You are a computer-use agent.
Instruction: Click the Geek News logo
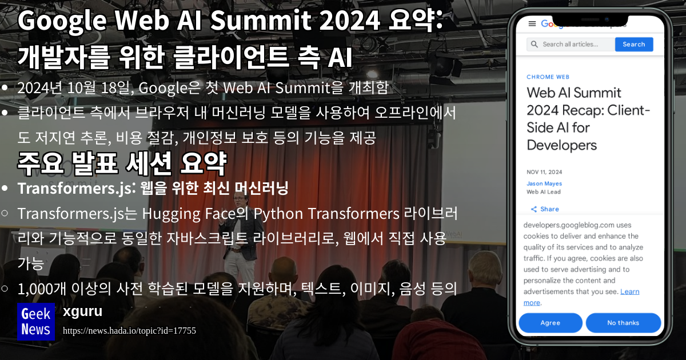point(35,322)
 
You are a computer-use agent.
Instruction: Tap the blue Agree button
point(550,323)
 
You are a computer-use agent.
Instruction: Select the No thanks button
point(623,323)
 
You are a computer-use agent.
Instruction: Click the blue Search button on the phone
point(633,45)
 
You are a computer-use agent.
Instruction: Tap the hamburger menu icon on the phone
point(532,23)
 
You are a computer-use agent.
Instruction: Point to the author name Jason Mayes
point(544,183)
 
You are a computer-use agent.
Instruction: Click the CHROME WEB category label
point(548,77)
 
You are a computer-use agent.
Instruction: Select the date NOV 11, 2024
point(544,171)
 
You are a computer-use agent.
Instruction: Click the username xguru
point(83,311)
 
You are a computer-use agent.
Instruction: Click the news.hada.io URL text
point(129,331)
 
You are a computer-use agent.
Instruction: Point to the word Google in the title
point(62,22)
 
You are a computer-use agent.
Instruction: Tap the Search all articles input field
point(571,45)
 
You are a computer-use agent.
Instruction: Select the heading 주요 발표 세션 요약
point(122,164)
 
